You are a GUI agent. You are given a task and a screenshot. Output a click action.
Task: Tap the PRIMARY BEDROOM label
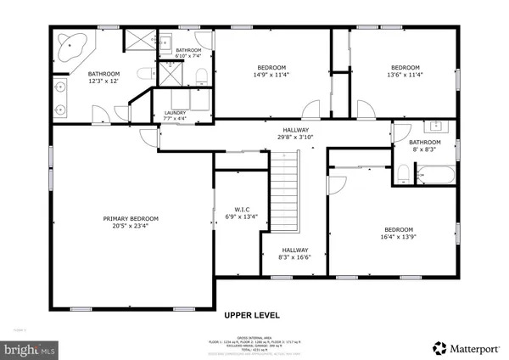click(131, 219)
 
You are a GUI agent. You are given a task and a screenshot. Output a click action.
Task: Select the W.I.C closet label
click(239, 208)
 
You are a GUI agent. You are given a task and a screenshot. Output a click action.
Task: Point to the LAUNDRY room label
click(175, 112)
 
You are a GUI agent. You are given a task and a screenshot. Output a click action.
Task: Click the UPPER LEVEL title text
click(252, 315)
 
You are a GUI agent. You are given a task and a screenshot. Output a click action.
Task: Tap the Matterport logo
click(467, 347)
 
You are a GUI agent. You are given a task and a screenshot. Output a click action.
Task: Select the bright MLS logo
click(29, 348)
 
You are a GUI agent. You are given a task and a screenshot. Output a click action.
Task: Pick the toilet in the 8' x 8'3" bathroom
click(404, 175)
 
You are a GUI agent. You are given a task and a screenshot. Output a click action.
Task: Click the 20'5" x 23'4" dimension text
click(131, 227)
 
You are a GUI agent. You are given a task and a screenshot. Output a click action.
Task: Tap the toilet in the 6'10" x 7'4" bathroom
click(200, 76)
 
